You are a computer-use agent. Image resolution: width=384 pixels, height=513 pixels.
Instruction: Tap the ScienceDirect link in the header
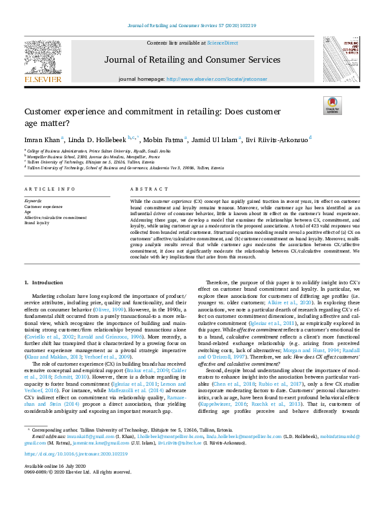click(222, 43)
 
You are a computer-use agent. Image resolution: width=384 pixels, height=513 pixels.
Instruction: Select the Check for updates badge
click(332, 105)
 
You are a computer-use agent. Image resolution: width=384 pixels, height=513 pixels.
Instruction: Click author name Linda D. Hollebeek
click(96, 138)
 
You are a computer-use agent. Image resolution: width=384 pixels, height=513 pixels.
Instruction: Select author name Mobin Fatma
click(163, 138)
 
